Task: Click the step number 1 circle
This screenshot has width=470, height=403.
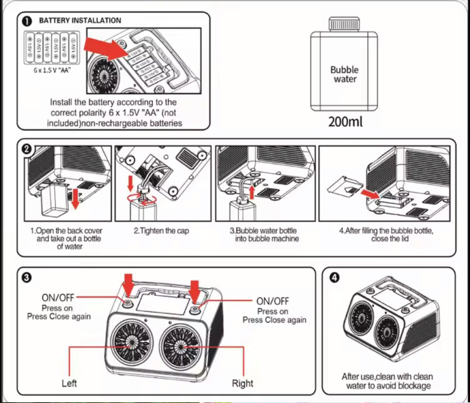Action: click(27, 21)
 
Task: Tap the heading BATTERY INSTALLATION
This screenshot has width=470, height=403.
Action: click(80, 21)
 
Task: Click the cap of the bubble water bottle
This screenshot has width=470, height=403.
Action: click(344, 24)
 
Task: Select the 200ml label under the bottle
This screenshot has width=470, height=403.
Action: click(345, 122)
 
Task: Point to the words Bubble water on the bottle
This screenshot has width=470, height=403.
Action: click(344, 74)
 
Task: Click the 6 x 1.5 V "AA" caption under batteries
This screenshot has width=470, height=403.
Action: click(52, 70)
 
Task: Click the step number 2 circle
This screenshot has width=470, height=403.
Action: click(27, 149)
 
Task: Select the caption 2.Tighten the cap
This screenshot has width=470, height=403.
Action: click(161, 231)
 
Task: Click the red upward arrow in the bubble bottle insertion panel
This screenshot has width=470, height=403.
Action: click(252, 192)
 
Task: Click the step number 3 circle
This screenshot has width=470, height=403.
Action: click(27, 277)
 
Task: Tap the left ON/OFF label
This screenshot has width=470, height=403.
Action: click(58, 297)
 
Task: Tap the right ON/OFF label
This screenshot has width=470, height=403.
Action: click(272, 301)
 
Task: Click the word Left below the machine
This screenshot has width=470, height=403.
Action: click(69, 383)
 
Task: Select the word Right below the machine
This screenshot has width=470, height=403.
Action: click(242, 383)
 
